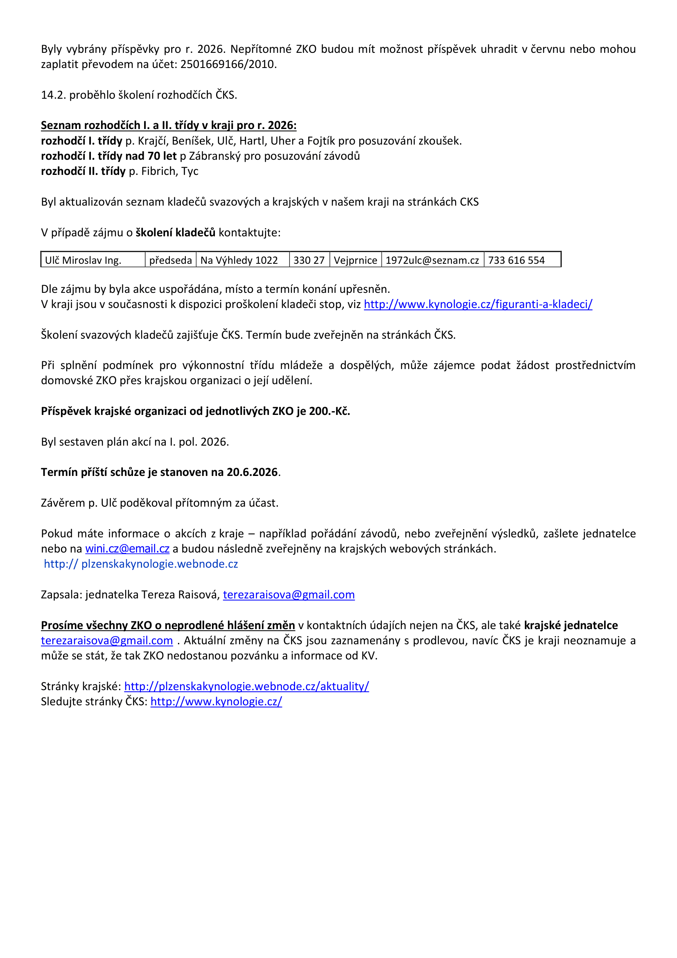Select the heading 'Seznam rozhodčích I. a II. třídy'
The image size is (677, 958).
click(168, 125)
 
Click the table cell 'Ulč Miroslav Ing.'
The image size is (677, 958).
click(83, 260)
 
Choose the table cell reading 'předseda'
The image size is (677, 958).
click(171, 260)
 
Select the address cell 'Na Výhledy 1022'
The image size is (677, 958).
click(239, 260)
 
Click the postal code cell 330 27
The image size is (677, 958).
click(309, 260)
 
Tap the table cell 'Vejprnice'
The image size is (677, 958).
click(355, 260)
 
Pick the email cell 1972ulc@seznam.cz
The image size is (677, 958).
click(432, 260)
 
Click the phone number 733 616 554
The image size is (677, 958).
click(516, 260)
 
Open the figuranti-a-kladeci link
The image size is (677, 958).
click(478, 304)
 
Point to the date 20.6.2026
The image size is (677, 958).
click(252, 472)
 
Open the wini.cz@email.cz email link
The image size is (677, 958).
click(127, 549)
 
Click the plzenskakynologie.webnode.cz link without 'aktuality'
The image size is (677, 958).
click(141, 564)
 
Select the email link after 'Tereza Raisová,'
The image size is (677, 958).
click(289, 595)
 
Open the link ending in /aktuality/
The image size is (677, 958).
click(246, 686)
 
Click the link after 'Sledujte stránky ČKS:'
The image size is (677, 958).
click(216, 701)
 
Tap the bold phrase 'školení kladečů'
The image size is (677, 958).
click(176, 232)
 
